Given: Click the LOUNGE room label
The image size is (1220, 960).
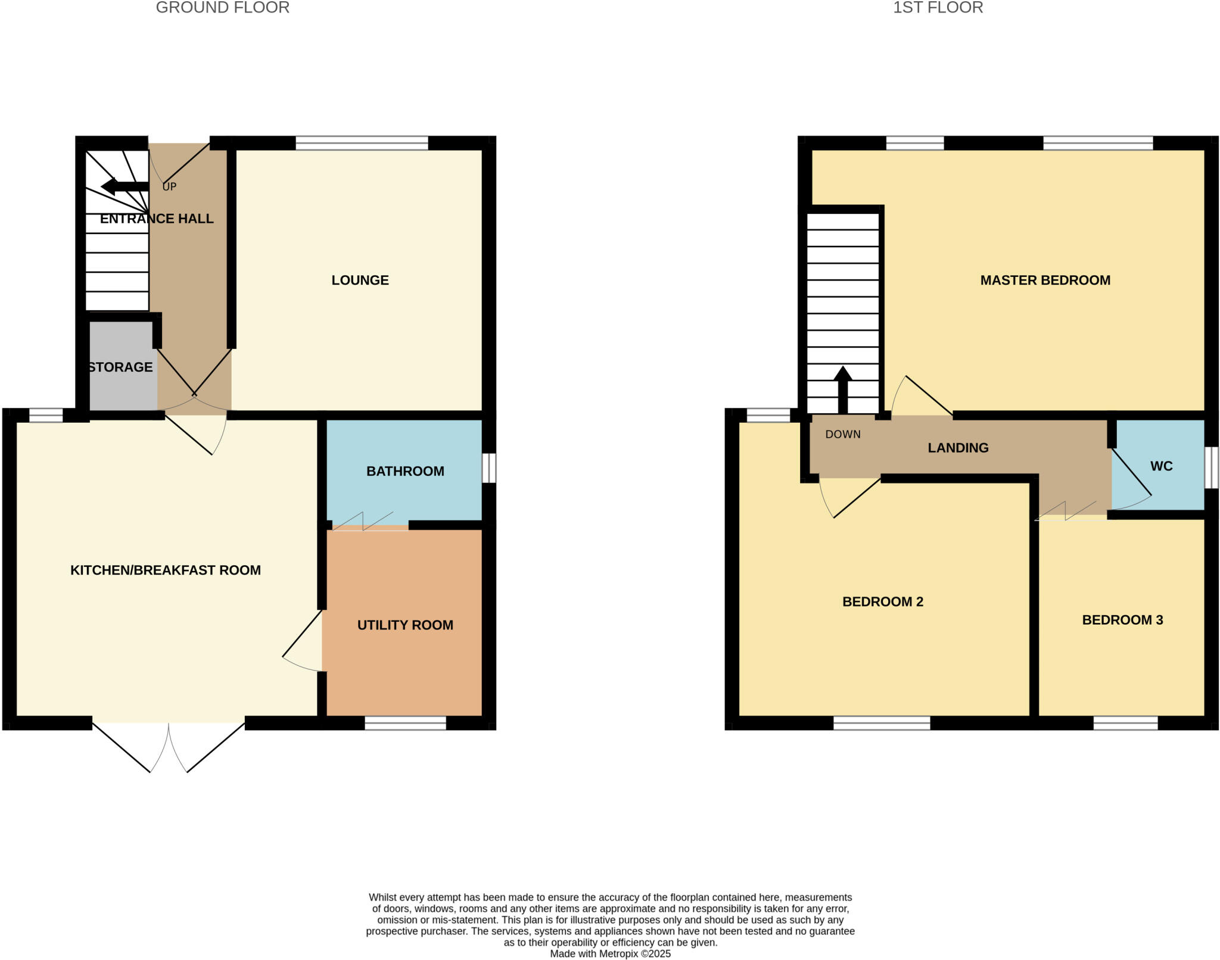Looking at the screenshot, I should pyautogui.click(x=360, y=280).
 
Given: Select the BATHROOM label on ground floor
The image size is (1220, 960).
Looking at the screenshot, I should pyautogui.click(x=405, y=471).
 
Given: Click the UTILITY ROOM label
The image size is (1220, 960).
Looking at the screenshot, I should pyautogui.click(x=405, y=625).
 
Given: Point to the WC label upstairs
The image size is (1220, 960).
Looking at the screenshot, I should pyautogui.click(x=1161, y=466).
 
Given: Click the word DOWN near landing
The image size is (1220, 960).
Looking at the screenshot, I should pyautogui.click(x=842, y=434).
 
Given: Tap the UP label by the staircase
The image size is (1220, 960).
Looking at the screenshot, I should pyautogui.click(x=169, y=186).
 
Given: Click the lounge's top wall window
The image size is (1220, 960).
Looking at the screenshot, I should pyautogui.click(x=362, y=143).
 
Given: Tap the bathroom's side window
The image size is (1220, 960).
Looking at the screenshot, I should pyautogui.click(x=488, y=468).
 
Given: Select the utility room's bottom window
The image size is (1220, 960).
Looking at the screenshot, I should pyautogui.click(x=405, y=723).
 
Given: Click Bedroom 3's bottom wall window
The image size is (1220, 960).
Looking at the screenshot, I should pyautogui.click(x=1125, y=723).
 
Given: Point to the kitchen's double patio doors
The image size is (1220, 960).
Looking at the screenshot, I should pyautogui.click(x=169, y=744).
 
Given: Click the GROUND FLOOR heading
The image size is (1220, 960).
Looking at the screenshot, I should pyautogui.click(x=222, y=8).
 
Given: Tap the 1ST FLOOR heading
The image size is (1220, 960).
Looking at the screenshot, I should pyautogui.click(x=938, y=8).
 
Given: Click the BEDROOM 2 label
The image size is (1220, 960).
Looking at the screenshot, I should pyautogui.click(x=882, y=601).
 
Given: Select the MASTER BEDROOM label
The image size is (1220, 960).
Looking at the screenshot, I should pyautogui.click(x=1045, y=280).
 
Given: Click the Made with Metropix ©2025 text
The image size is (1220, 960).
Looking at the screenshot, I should pyautogui.click(x=610, y=953).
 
